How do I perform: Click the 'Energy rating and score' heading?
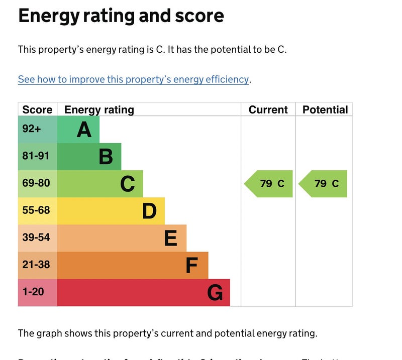click(121, 16)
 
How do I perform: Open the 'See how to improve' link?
click(133, 79)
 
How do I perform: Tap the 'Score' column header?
click(37, 110)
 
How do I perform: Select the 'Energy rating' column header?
click(99, 110)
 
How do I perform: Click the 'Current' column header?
click(268, 110)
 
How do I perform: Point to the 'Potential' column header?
click(325, 110)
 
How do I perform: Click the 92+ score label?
click(32, 129)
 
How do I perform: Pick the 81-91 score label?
click(36, 156)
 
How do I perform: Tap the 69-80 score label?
click(36, 183)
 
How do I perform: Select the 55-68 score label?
click(36, 210)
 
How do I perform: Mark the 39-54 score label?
click(36, 237)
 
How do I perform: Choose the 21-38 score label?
click(36, 265)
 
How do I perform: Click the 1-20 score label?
click(33, 292)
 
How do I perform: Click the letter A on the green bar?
click(84, 130)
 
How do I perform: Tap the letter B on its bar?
click(106, 157)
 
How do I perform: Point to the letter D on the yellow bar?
click(149, 211)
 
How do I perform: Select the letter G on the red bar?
click(215, 293)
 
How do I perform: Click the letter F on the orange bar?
click(191, 266)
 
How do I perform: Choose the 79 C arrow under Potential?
click(324, 184)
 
